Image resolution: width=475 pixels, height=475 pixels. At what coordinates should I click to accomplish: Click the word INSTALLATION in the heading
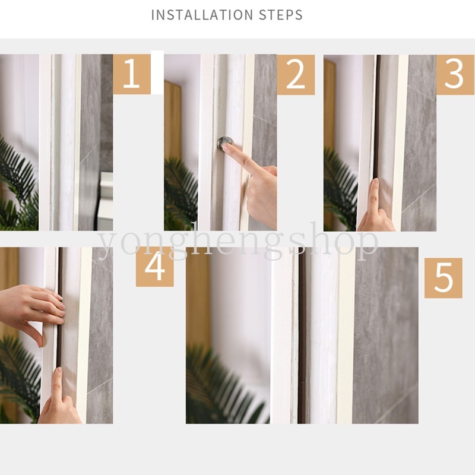[x=202, y=15]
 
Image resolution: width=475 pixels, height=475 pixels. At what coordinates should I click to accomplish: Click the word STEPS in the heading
[x=281, y=15]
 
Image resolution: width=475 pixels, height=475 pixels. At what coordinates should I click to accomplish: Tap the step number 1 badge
[x=132, y=74]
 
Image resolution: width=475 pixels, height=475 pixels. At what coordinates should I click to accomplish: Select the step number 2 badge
[x=296, y=75]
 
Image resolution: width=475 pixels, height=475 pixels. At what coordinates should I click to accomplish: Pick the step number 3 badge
[x=455, y=75]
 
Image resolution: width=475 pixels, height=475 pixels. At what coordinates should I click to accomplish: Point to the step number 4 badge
[x=155, y=267]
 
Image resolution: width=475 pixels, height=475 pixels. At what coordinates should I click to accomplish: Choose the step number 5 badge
[x=443, y=278]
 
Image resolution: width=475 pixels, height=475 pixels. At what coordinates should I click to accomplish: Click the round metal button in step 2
[x=225, y=142]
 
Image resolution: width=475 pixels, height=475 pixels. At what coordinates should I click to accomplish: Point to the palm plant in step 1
[x=19, y=185]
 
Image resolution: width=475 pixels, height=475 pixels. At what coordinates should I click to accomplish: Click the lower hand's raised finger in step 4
[x=58, y=382]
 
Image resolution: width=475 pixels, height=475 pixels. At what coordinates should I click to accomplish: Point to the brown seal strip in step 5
[x=302, y=335]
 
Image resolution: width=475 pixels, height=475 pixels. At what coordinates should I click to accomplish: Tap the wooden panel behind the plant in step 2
[x=173, y=121]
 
